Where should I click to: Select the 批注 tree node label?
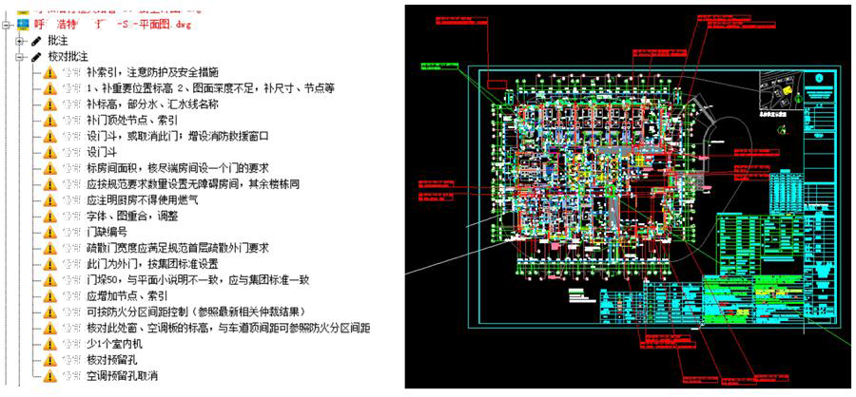click(57, 41)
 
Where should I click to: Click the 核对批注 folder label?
click(68, 57)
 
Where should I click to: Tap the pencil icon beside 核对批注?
click(35, 57)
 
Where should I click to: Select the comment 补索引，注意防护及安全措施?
click(152, 72)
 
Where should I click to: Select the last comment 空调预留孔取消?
click(127, 376)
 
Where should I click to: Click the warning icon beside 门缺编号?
click(49, 233)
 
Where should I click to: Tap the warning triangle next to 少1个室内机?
click(49, 344)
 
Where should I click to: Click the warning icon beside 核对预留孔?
click(49, 360)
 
